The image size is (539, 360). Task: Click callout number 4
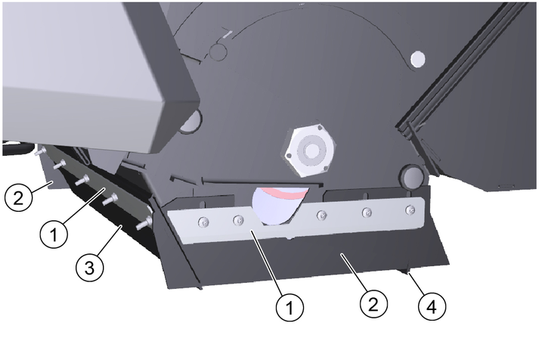[x=432, y=306]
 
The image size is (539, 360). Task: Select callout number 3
[x=90, y=267]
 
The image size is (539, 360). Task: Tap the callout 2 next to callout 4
[x=373, y=304]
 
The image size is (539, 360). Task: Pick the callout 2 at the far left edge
[x=18, y=197]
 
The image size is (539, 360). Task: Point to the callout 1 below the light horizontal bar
[x=290, y=307]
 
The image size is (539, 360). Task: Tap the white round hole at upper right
[x=418, y=58]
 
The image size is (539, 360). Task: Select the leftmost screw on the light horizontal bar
[x=203, y=222]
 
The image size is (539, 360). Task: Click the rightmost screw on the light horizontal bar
[x=410, y=209]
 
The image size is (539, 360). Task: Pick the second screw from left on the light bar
[x=239, y=220]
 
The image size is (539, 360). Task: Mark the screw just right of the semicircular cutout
[x=322, y=216]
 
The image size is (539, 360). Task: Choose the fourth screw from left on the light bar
[x=367, y=213]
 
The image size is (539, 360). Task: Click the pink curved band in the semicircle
[x=285, y=193]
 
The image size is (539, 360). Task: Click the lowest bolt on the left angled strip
[x=144, y=222]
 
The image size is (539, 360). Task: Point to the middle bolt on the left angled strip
[x=82, y=179]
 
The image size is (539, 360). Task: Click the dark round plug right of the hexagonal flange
[x=412, y=177]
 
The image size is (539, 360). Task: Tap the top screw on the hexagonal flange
[x=321, y=128]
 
